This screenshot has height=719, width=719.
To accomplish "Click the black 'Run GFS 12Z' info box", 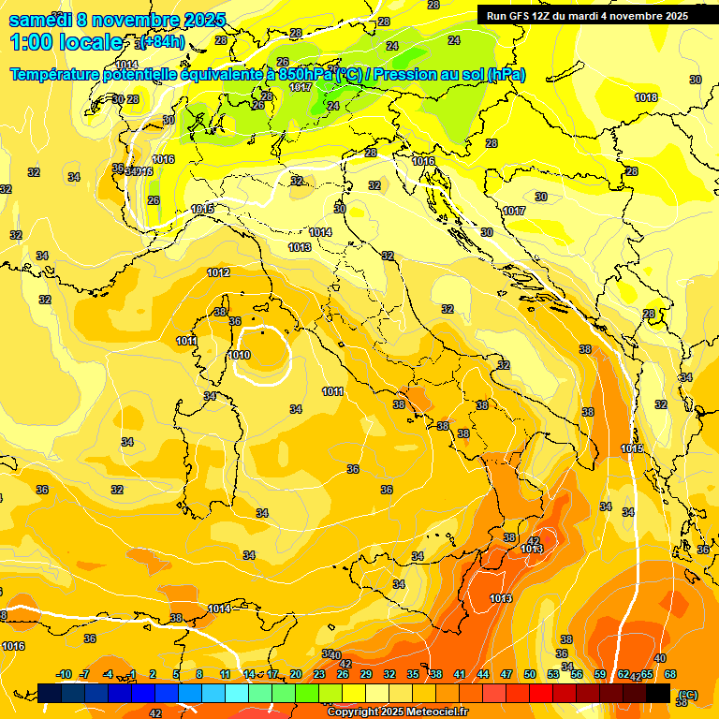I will [x=588, y=15].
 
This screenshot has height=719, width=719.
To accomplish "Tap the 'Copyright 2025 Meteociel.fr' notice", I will [x=398, y=712].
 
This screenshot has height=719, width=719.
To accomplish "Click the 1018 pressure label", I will [x=646, y=97].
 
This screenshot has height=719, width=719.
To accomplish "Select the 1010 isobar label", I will [x=239, y=355].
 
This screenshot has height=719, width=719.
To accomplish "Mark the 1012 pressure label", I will [x=218, y=272].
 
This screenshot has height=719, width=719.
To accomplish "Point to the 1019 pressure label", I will [x=632, y=449].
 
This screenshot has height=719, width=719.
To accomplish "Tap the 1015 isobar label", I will [x=202, y=209].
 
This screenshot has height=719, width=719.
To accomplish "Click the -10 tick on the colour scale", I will [x=64, y=674].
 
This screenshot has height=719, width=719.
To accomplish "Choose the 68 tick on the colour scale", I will [x=670, y=674].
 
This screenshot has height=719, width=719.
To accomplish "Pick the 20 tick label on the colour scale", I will [x=295, y=674].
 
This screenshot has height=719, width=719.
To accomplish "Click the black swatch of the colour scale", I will [x=658, y=693].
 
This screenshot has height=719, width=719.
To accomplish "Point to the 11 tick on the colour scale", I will [x=225, y=674].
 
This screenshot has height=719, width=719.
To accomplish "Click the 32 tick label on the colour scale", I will [x=389, y=674].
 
